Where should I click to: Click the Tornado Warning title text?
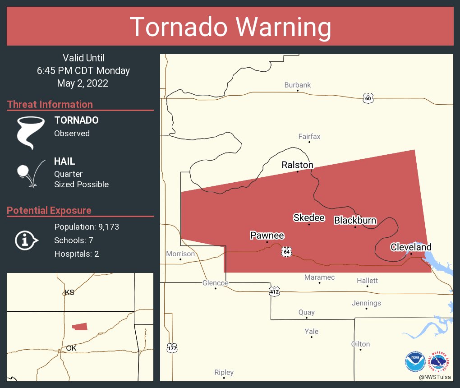click(x=230, y=27)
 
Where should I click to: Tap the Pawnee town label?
click(x=267, y=236)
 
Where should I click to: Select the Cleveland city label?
click(x=411, y=247)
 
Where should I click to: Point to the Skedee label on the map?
click(x=309, y=217)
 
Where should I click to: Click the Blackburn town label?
click(x=355, y=220)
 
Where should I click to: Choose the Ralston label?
click(x=297, y=165)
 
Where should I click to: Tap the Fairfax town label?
click(x=309, y=136)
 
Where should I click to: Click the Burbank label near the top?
click(x=297, y=85)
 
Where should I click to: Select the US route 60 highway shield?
click(x=368, y=98)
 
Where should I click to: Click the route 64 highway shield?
click(x=286, y=252)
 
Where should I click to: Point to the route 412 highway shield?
click(x=274, y=292)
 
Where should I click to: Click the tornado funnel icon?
click(x=30, y=132)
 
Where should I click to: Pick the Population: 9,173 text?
click(x=87, y=226)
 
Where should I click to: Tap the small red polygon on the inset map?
click(x=80, y=326)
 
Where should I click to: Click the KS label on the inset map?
click(x=69, y=292)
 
